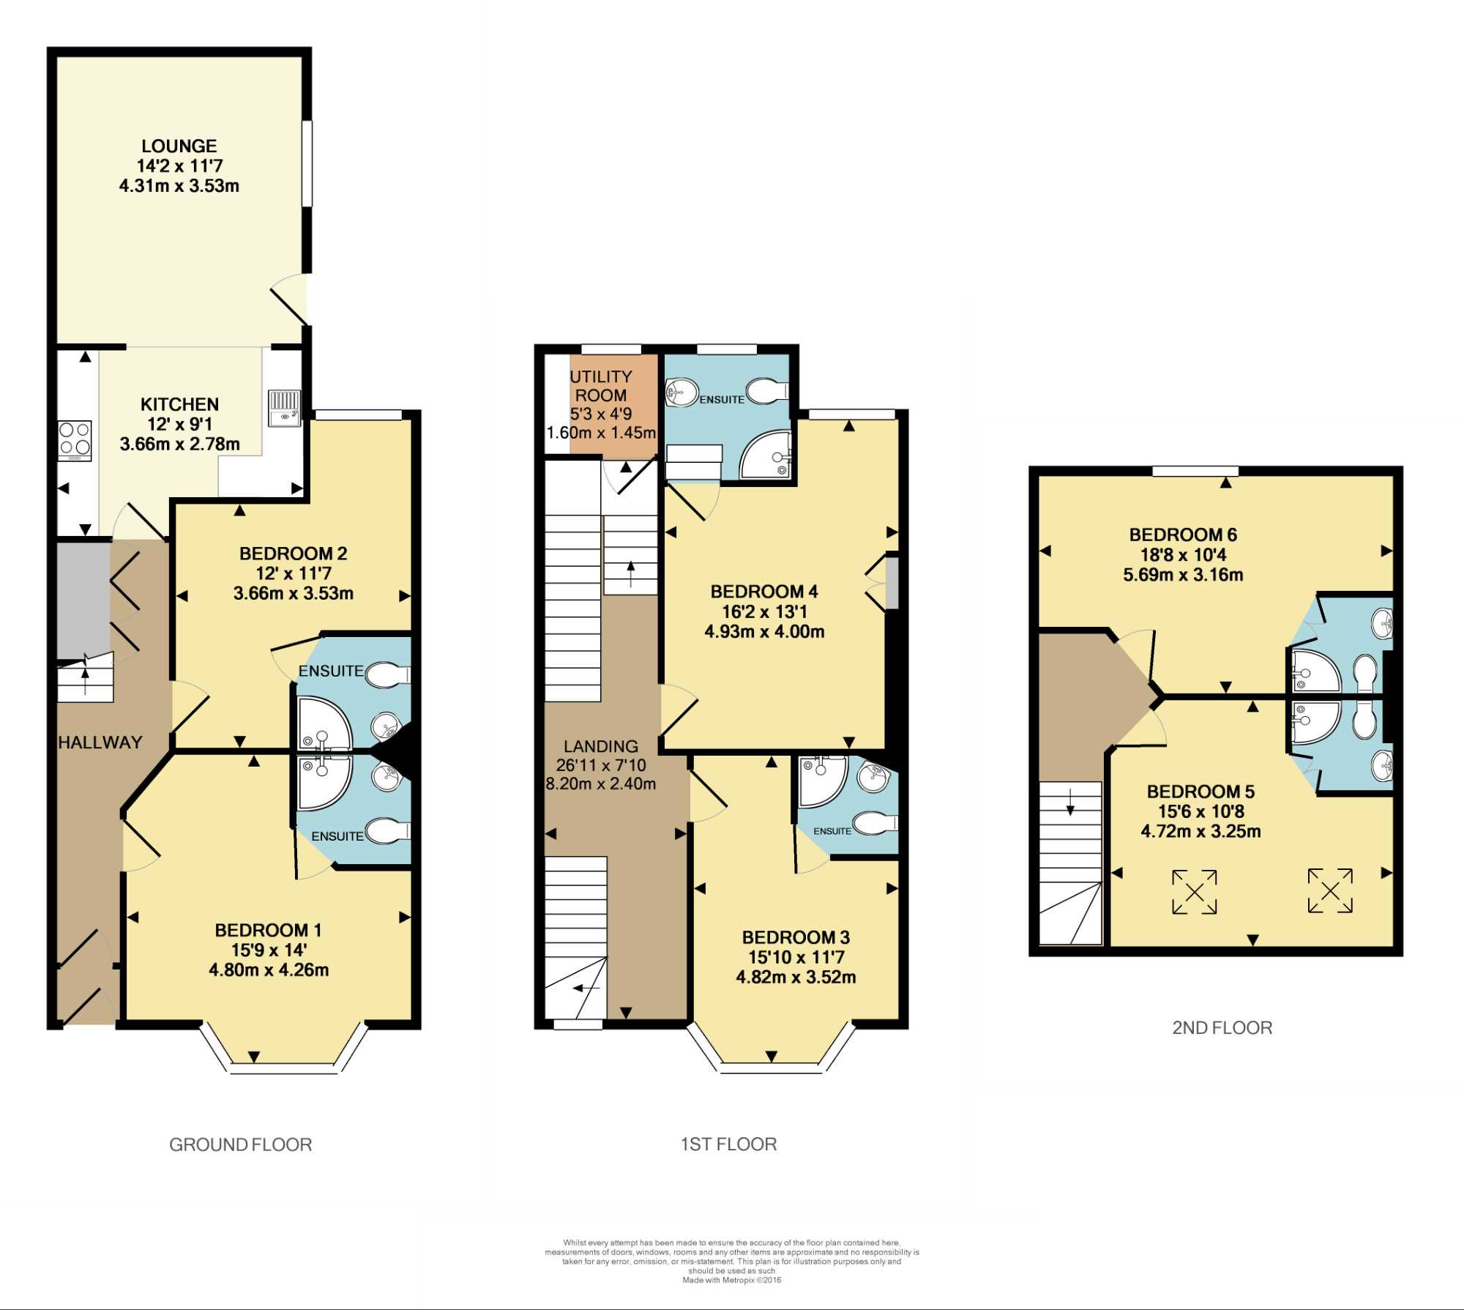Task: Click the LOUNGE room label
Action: (x=179, y=146)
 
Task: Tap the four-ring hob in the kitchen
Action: (x=75, y=440)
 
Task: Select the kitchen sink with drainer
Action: (x=284, y=409)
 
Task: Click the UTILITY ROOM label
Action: (x=601, y=386)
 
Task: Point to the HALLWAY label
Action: (x=100, y=743)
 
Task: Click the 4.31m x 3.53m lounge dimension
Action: (x=179, y=186)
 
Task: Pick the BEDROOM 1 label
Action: (x=268, y=930)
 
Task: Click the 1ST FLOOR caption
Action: (x=729, y=1144)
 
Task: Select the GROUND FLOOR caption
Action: (x=241, y=1145)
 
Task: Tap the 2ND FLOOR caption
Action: (x=1222, y=1027)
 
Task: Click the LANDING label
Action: (x=601, y=746)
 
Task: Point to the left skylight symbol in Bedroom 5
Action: (x=1195, y=892)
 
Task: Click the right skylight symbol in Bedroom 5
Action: (x=1330, y=890)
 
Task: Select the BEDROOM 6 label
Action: (x=1183, y=535)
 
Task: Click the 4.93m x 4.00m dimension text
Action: (x=765, y=631)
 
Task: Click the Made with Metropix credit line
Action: (x=732, y=1281)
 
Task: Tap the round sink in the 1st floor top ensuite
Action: (x=682, y=392)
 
